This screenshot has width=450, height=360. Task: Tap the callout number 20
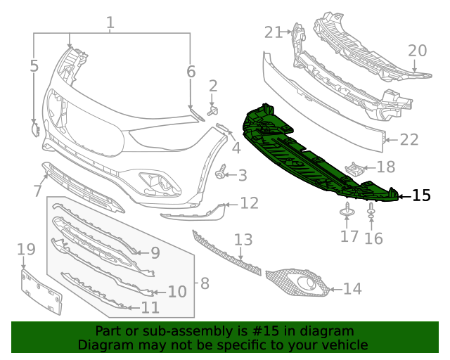418,51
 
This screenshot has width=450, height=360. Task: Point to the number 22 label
409,140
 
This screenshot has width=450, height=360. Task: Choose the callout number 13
243,239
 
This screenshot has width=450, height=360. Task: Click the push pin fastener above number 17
349,210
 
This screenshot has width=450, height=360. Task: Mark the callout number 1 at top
110,23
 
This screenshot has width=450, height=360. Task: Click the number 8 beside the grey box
205,283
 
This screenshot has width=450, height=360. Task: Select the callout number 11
150,307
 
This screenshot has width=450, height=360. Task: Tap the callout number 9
155,252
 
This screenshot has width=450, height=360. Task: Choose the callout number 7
37,191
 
